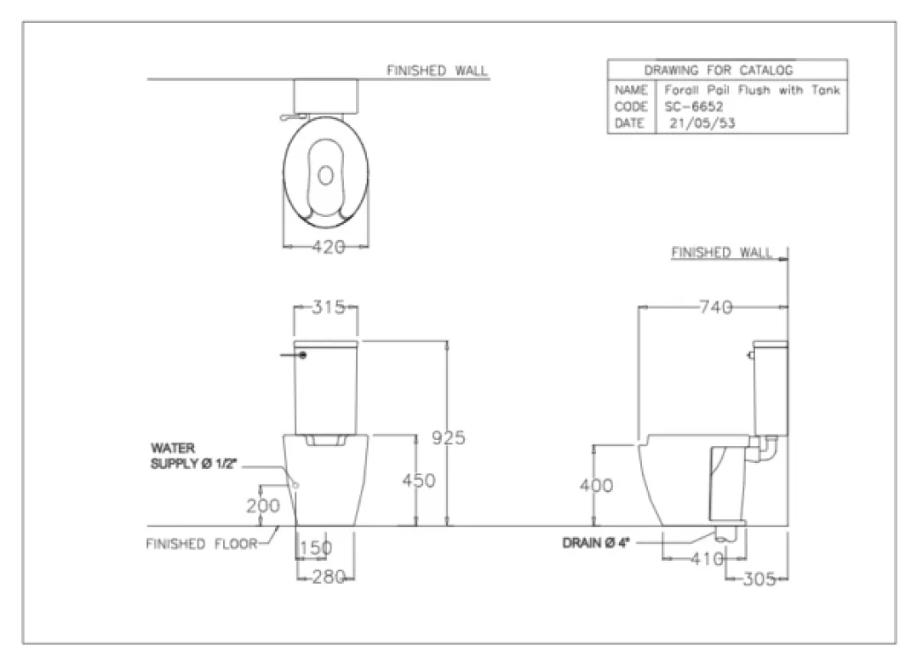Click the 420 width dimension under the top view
328,247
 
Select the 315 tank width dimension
328,307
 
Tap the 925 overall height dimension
448,437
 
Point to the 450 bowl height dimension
419,480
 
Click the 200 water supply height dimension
263,506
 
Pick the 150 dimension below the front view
316,548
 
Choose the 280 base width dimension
328,577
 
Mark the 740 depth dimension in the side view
716,307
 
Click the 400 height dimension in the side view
597,485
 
